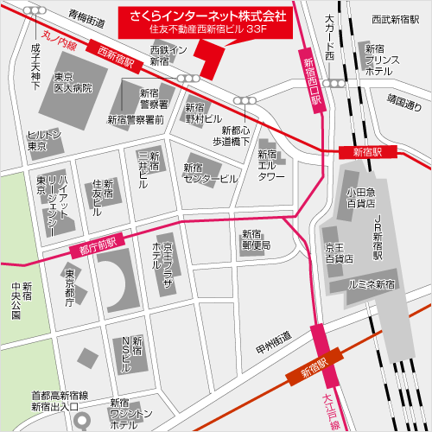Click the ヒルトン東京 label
point(44,141)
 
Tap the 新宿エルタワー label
point(271,165)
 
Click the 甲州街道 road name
point(273,348)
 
